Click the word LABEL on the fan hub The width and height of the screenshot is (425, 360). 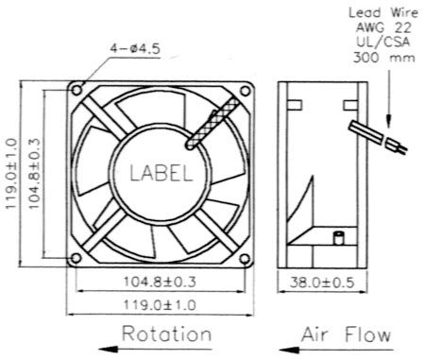tap(161, 173)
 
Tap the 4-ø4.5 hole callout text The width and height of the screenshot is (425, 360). tap(135, 48)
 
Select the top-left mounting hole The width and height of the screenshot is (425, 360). tap(77, 90)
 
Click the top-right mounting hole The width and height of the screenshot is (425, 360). tap(245, 91)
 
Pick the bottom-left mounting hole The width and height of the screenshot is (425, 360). tap(76, 258)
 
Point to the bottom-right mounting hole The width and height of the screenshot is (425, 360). tap(245, 259)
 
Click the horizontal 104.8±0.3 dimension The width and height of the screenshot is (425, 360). tap(160, 282)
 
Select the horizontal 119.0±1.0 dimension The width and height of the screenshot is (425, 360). tap(160, 305)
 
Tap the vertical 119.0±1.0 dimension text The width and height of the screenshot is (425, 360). tap(11, 173)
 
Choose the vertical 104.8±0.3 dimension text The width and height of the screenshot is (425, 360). tap(34, 173)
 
